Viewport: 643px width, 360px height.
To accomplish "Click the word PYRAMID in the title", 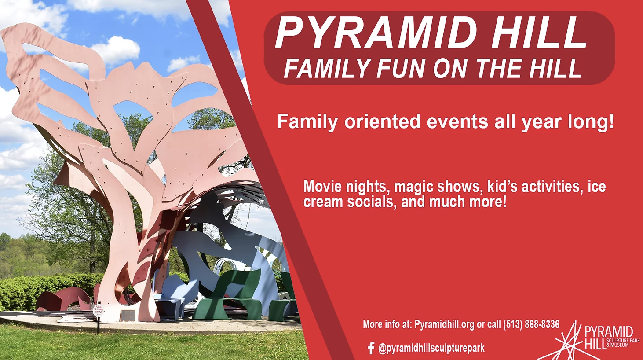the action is pos(376,33).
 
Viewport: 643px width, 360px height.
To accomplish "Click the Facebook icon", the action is pos(371,348).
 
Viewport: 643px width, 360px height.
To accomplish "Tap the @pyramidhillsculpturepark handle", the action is pos(431,348).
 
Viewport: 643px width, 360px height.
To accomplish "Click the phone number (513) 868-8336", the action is pos(531,324).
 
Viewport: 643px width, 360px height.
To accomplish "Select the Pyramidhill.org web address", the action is pos(444,324).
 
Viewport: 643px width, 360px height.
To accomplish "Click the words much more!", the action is pos(468,202).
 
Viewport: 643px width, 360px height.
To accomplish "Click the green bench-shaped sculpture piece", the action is pos(227,296).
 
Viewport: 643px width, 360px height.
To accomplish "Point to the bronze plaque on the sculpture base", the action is pos(127,315).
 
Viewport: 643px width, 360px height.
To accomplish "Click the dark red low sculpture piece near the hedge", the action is pos(63,299).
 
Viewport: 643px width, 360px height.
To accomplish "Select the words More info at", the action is pos(387,324).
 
